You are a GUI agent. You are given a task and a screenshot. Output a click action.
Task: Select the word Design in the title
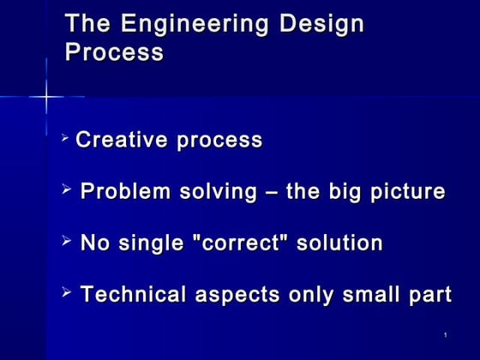[x=323, y=24]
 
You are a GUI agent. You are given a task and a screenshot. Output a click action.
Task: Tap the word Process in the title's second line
[x=114, y=52]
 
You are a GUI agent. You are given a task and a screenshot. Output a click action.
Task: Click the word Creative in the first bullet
[x=121, y=141]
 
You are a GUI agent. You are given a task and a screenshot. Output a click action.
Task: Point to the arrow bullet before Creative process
[x=68, y=138]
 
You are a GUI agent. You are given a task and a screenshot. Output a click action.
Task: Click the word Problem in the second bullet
[x=125, y=192]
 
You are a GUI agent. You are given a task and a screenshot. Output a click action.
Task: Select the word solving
[x=214, y=192]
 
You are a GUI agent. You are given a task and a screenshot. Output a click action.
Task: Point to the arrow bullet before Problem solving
[x=69, y=190]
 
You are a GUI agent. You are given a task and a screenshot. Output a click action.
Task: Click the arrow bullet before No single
[x=69, y=242]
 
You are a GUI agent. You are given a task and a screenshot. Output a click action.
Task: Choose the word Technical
[x=135, y=295]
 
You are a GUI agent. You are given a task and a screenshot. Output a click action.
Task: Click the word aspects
[x=238, y=296]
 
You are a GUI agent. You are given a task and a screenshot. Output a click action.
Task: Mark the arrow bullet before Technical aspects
[x=69, y=293]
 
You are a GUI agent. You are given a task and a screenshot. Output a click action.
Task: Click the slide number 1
[x=446, y=333]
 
